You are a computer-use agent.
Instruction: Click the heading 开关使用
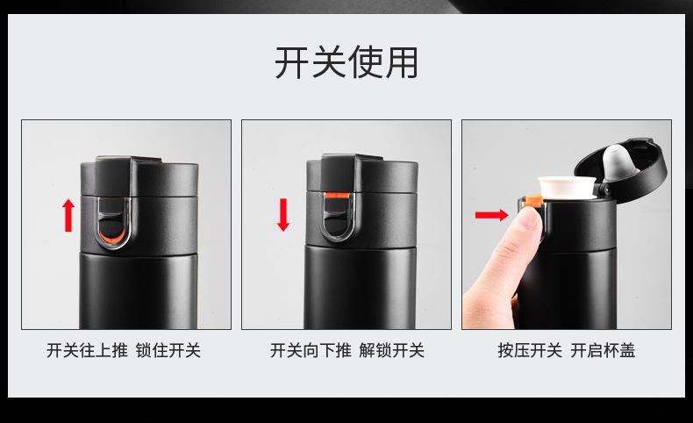tap(346, 63)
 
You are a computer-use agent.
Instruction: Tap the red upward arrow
tap(68, 215)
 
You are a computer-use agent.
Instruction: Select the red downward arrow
tap(283, 215)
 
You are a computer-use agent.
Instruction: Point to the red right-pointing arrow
tap(492, 215)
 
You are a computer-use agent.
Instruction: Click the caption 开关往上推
tap(87, 350)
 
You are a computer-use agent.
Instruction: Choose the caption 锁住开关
tap(168, 350)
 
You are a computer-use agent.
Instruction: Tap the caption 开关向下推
tap(311, 350)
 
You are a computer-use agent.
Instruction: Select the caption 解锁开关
tap(391, 350)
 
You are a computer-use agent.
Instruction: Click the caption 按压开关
tap(530, 350)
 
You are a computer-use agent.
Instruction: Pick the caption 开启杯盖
tap(603, 350)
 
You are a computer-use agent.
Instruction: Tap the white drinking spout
tap(566, 187)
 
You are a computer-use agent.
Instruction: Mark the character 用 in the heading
tap(401, 63)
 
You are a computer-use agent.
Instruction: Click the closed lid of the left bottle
tap(139, 176)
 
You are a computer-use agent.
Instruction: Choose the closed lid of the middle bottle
tap(362, 174)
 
